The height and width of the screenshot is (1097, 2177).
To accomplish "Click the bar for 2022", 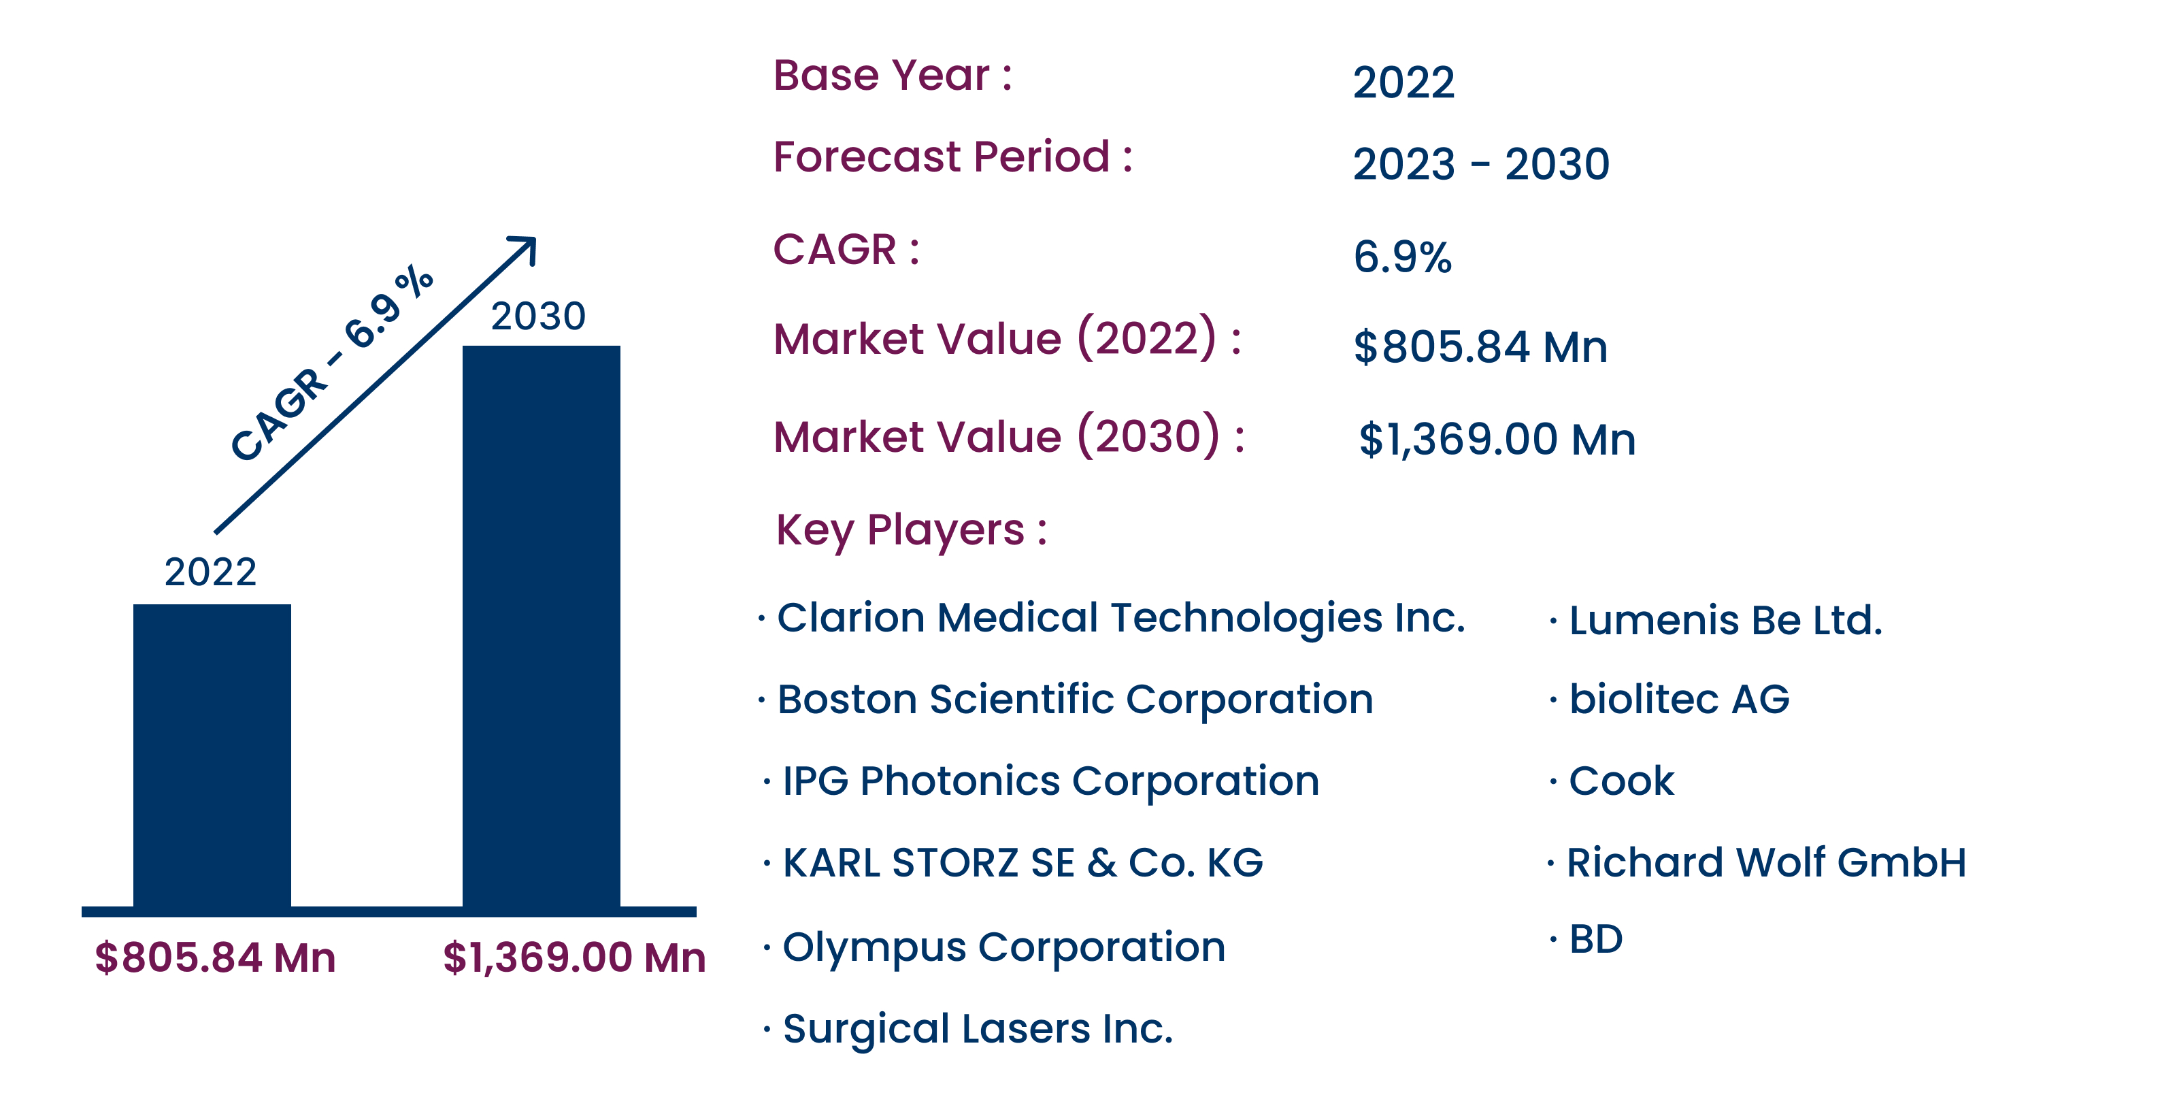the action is [x=212, y=757].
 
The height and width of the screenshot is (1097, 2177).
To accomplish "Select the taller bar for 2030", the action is [x=541, y=627].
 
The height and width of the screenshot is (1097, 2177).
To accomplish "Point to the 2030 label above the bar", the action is [x=538, y=316].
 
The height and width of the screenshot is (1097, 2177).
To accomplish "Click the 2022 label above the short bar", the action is [x=210, y=572].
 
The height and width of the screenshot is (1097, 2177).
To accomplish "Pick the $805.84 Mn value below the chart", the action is [x=216, y=957].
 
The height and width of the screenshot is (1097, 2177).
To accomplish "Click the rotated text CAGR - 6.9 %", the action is [x=331, y=363].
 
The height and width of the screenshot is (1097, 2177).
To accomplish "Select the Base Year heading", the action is [x=893, y=76].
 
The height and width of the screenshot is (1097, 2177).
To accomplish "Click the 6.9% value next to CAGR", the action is [x=1402, y=257].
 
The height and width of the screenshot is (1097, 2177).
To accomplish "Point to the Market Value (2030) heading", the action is [x=1009, y=436].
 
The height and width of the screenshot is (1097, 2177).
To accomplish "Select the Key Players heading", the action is [x=912, y=531].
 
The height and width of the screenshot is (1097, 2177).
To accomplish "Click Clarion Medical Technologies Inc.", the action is [x=1120, y=618].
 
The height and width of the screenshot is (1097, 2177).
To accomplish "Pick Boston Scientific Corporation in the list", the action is [x=1075, y=700].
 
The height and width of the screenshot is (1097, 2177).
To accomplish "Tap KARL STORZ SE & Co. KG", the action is [x=1023, y=863].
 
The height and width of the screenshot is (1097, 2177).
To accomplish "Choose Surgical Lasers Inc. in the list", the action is [x=978, y=1030].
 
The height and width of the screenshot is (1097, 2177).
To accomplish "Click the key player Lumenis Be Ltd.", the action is [x=1726, y=621].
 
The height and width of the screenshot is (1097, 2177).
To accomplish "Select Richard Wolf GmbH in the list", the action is [x=1766, y=863].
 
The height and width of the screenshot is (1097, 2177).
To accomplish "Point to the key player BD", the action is [x=1595, y=939].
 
